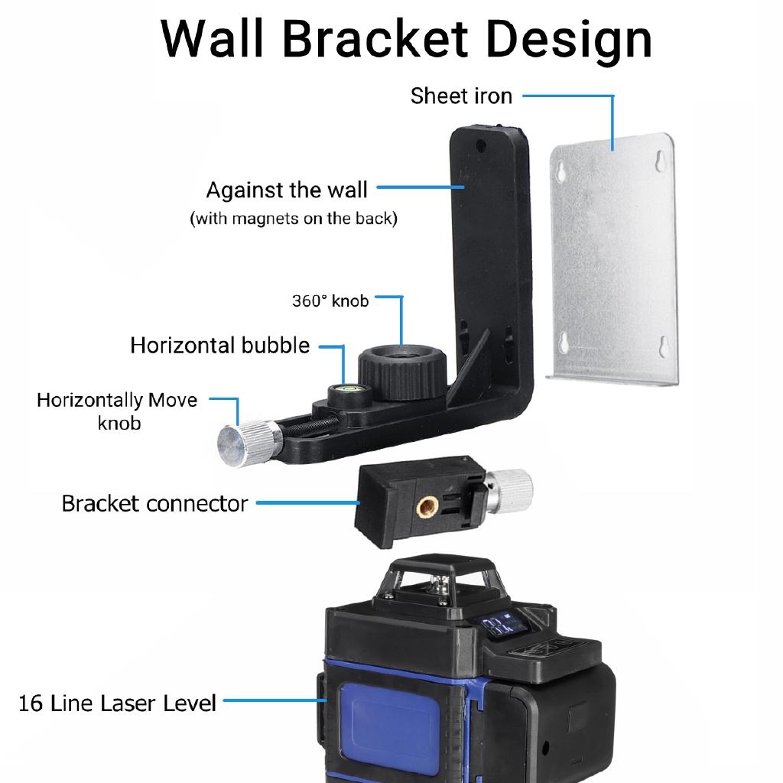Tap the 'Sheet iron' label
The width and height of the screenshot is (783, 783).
coord(461,96)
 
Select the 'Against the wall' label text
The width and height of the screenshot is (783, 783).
coord(287,190)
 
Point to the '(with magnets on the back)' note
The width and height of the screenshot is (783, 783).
coord(294,219)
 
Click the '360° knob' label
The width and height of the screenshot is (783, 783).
coord(330,301)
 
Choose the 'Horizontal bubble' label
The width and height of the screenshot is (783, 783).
coord(220,345)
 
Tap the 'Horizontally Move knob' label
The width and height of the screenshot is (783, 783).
coord(117,411)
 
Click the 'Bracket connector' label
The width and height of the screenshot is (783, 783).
coord(154,504)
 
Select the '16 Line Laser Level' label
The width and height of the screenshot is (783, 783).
coord(117,703)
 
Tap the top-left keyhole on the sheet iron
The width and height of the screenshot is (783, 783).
coord(562,171)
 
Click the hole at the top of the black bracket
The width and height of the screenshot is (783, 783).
coord(479,145)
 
